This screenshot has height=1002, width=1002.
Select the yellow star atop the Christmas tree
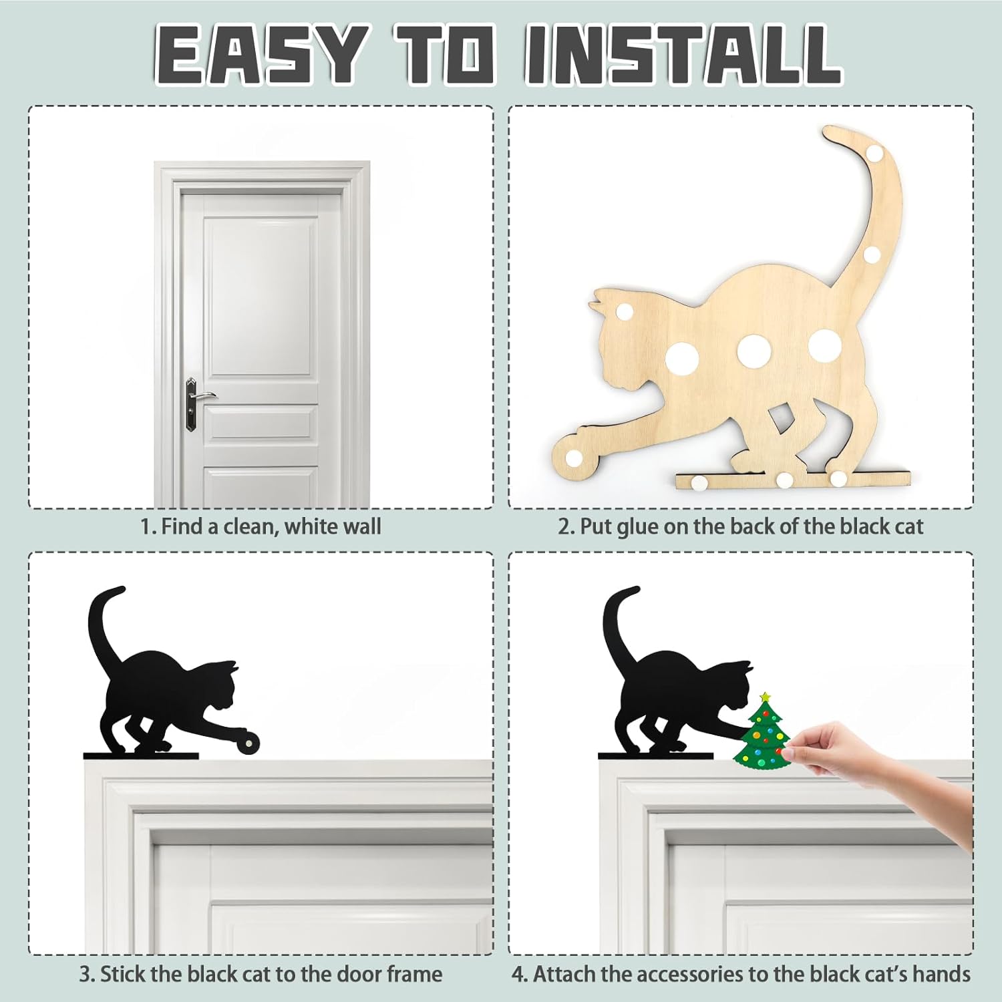tap(765, 697)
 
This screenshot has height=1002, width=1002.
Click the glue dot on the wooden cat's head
tap(624, 313)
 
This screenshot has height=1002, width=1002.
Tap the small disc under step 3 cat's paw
tap(249, 741)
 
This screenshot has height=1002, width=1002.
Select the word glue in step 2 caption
tap(637, 526)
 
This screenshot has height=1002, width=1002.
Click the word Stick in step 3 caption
tap(124, 974)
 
